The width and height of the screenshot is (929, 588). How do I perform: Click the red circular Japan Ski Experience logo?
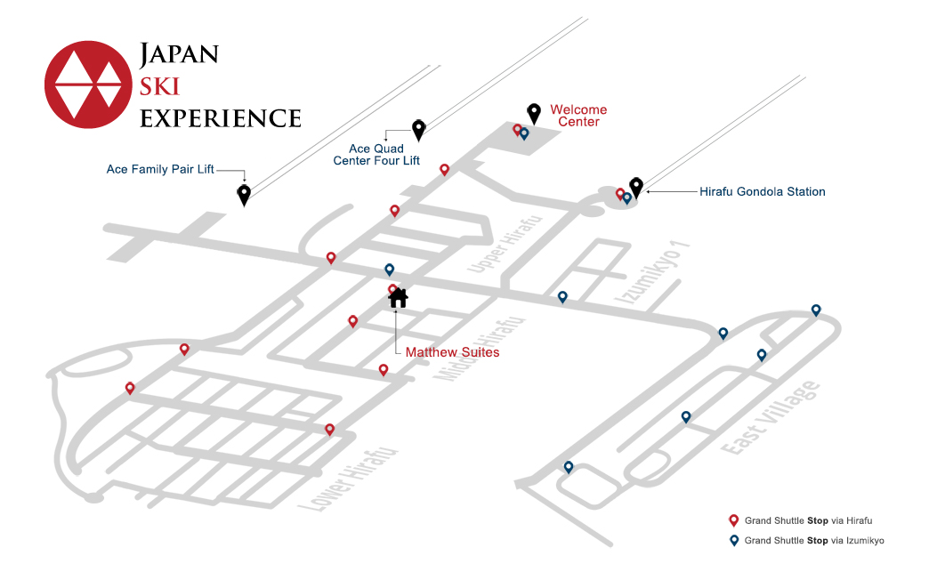88,85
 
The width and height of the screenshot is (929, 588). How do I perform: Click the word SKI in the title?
159,86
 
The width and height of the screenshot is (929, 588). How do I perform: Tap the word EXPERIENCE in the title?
221,118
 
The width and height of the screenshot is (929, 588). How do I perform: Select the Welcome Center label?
578,116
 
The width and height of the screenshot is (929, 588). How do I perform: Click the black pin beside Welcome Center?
534,113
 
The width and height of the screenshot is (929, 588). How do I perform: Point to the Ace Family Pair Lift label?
160,169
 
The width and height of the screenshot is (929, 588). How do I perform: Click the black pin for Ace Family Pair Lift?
244,194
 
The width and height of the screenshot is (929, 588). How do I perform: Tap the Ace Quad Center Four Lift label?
376,155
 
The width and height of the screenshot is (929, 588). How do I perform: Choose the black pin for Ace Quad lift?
419,130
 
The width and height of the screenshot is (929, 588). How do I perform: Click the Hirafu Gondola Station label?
763,192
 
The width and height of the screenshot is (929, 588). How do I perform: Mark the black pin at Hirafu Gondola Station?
636,187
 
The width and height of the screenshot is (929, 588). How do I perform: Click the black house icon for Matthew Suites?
398,298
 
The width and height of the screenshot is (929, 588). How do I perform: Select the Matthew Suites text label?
452,352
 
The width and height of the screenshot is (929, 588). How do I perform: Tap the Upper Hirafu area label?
505,245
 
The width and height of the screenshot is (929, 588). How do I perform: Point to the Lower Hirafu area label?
347,479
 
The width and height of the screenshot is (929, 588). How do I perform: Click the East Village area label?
771,418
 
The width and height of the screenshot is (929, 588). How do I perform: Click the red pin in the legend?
733,520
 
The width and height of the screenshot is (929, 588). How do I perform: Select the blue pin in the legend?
734,541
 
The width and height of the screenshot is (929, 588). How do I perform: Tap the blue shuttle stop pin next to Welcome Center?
524,133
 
